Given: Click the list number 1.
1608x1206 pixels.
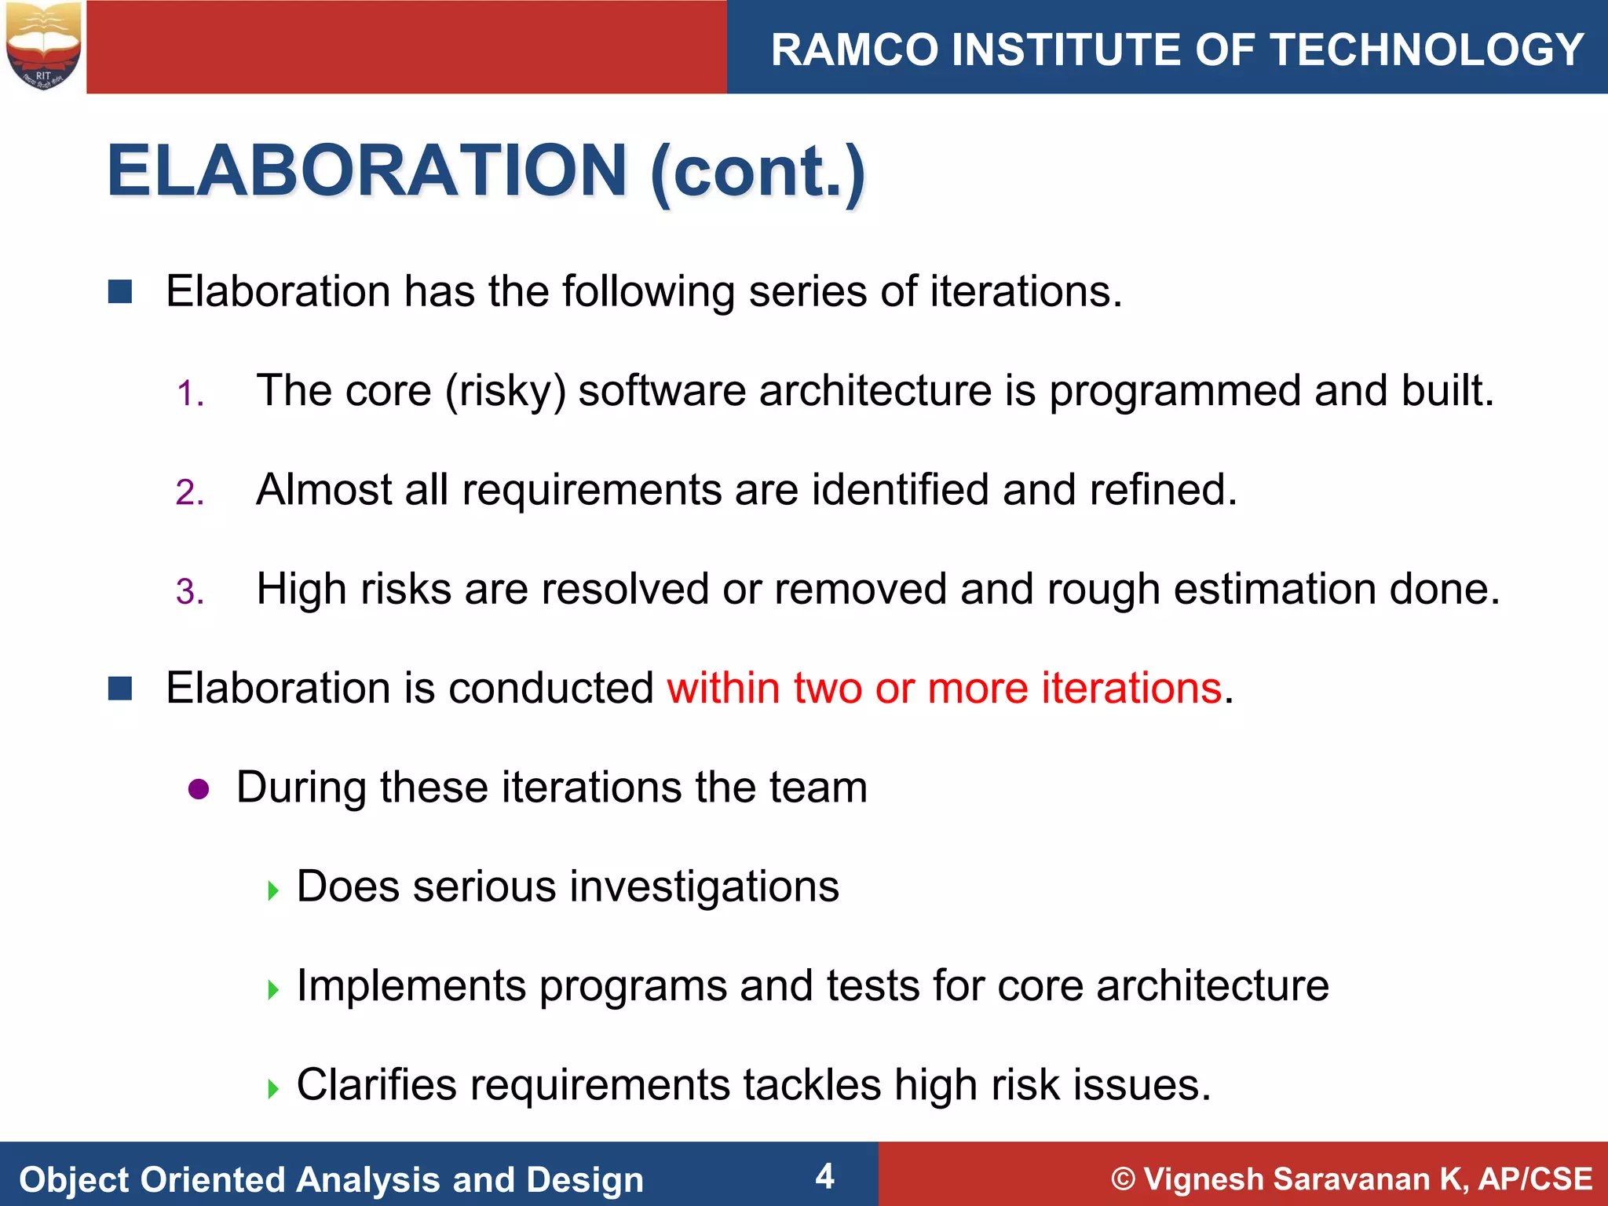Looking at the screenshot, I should click(x=189, y=393).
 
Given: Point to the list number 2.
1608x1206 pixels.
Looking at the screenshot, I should click(x=189, y=493).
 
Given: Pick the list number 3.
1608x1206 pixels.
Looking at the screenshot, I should click(x=189, y=592).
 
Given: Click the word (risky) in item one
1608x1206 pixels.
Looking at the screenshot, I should click(x=506, y=391).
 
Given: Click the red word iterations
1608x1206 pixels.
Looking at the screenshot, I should click(x=1131, y=688).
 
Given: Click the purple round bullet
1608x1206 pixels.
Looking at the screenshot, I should click(x=199, y=789).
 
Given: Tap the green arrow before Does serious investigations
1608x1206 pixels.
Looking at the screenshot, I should click(x=273, y=890).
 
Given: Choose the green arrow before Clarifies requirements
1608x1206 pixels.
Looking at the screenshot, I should click(x=273, y=1089).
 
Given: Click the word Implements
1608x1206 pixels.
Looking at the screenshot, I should click(x=411, y=986).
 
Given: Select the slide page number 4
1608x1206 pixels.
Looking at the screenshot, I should click(x=824, y=1176).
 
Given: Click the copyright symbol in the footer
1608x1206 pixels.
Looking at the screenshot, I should click(x=1124, y=1179).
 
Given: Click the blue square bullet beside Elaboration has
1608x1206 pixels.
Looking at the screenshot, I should click(x=120, y=292).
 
